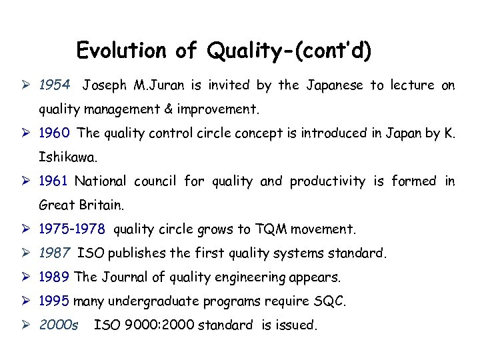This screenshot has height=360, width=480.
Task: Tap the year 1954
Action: [55, 85]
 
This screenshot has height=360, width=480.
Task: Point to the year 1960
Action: [55, 133]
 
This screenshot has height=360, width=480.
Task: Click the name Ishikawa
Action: [68, 157]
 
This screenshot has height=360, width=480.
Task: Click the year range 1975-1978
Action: [72, 230]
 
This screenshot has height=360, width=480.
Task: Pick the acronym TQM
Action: [271, 230]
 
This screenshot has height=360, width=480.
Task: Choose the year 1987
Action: [55, 253]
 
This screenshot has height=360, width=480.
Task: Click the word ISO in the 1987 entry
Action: [91, 253]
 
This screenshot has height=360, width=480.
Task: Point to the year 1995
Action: [55, 301]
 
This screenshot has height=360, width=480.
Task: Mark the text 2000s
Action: [59, 325]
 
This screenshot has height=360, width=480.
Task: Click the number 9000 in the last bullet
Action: [139, 325]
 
